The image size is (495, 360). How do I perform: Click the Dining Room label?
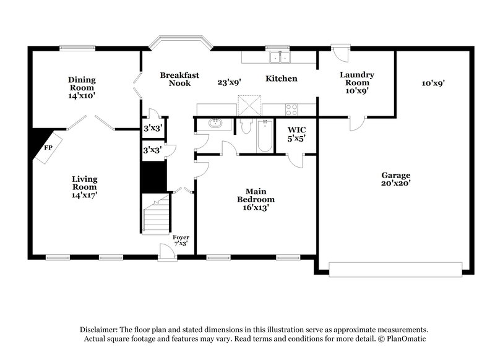[x=81, y=87]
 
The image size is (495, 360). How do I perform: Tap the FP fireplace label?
[x=48, y=148]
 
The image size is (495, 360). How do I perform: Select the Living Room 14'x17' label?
[x=84, y=187]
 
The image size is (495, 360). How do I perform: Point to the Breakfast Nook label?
[x=179, y=79]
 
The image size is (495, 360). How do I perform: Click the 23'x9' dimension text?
[x=229, y=82]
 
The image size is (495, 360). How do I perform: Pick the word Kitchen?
[x=282, y=79]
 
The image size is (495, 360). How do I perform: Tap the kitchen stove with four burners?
[x=291, y=109]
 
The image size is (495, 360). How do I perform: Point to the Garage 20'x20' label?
[x=395, y=179]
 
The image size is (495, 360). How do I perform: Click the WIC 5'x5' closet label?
[x=294, y=134]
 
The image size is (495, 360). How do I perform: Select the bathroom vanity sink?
[x=215, y=124]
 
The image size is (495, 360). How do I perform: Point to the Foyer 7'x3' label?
[x=181, y=241]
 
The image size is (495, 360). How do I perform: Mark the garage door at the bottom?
[x=395, y=269]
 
